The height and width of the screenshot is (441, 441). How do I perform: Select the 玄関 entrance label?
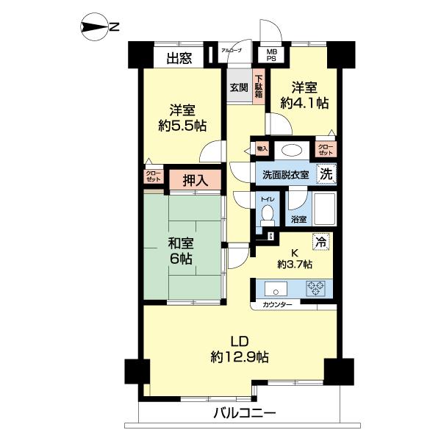pyautogui.click(x=238, y=87)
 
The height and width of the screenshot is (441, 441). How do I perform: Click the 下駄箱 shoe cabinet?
pyautogui.click(x=259, y=87)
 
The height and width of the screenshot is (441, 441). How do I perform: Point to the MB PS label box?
pyautogui.click(x=272, y=57)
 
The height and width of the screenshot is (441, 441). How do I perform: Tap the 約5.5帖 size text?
pyautogui.click(x=182, y=125)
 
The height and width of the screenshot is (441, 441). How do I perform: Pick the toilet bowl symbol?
pyautogui.click(x=267, y=215)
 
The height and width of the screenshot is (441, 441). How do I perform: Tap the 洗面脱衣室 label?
pyautogui.click(x=285, y=176)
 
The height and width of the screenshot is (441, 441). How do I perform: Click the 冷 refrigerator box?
pyautogui.click(x=320, y=240)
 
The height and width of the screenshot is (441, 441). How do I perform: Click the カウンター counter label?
pyautogui.click(x=276, y=304)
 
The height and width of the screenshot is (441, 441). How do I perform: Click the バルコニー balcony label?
pyautogui.click(x=245, y=412)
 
